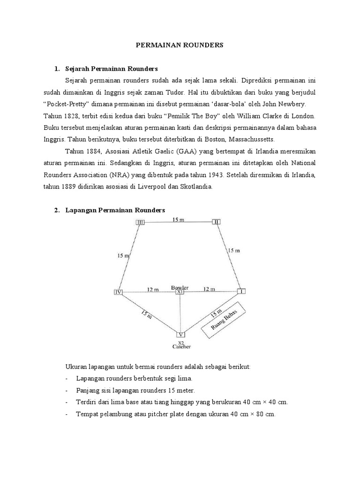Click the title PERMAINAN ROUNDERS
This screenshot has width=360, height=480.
click(x=180, y=45)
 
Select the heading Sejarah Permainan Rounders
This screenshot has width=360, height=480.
click(x=112, y=69)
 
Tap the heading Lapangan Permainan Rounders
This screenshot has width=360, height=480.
click(x=115, y=210)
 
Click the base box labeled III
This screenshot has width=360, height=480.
click(x=140, y=222)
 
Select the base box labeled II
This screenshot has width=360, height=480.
click(x=216, y=221)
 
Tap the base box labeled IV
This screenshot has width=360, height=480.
click(x=118, y=292)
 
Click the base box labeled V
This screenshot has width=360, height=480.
click(x=181, y=335)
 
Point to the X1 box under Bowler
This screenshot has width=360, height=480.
click(x=180, y=292)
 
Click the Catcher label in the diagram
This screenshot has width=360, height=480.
click(x=180, y=347)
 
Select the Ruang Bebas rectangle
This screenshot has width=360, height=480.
click(x=225, y=322)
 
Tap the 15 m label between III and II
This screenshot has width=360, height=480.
click(x=178, y=219)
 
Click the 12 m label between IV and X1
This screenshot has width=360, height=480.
click(x=153, y=289)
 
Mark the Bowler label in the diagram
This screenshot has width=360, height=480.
click(x=180, y=286)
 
